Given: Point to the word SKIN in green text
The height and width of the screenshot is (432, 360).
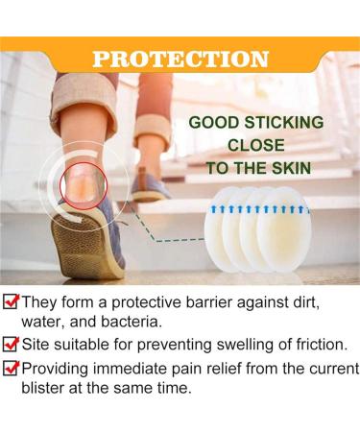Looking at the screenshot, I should tap(294, 166).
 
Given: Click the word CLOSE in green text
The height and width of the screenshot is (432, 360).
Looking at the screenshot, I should tap(256, 145).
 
